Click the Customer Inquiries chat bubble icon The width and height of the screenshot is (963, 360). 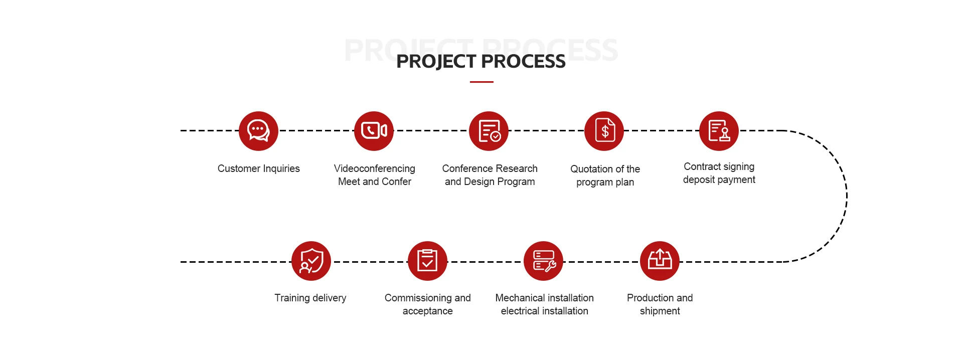258,131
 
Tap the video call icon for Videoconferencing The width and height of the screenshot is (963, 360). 374,131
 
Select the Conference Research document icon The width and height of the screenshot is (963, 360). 489,131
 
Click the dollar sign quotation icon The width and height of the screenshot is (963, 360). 604,131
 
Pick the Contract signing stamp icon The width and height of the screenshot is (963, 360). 719,131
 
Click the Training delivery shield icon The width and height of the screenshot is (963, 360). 311,261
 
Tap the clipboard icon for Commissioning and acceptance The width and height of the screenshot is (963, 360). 427,261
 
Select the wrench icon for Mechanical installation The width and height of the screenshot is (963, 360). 544,261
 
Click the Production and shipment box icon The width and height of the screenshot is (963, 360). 660,261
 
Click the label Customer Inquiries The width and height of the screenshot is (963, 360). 258,168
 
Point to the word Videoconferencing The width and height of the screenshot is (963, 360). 375,168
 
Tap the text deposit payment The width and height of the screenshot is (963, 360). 719,179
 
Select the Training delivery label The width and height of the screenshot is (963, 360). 310,298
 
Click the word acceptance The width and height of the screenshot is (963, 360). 427,311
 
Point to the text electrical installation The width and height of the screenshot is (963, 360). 544,311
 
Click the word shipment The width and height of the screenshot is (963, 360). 660,311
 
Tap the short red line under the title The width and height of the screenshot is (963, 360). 481,82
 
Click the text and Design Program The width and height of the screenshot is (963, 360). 490,182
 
